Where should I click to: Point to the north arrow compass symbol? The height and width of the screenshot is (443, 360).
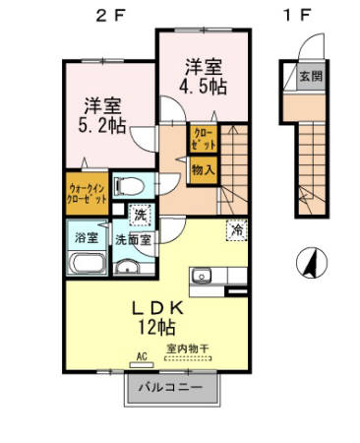(307, 263)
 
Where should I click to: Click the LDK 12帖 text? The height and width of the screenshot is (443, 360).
(155, 315)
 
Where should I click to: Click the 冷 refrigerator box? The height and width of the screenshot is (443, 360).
(236, 230)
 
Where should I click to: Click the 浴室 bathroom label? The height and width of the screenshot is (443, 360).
(86, 237)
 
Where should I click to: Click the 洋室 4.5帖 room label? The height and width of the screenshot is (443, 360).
(202, 75)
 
